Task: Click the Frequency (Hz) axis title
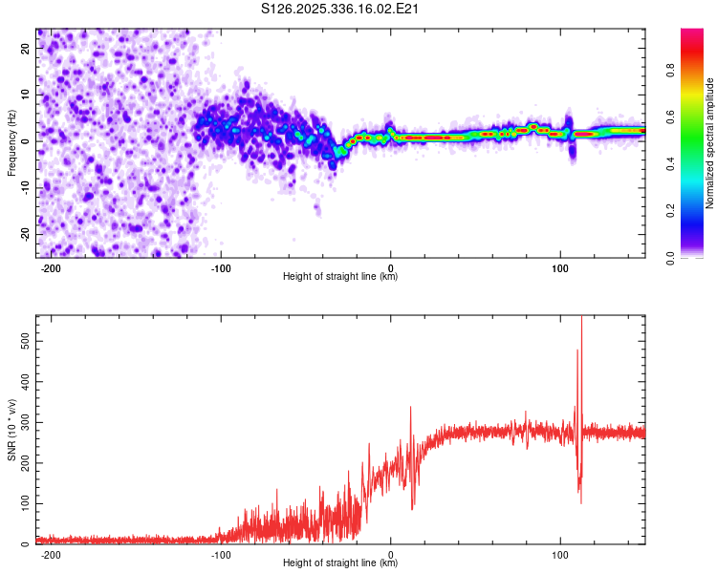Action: point(11,142)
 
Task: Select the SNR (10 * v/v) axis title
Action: point(11,430)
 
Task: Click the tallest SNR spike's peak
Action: point(581,318)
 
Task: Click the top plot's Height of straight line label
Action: point(340,277)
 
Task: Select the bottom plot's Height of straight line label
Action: point(340,563)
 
